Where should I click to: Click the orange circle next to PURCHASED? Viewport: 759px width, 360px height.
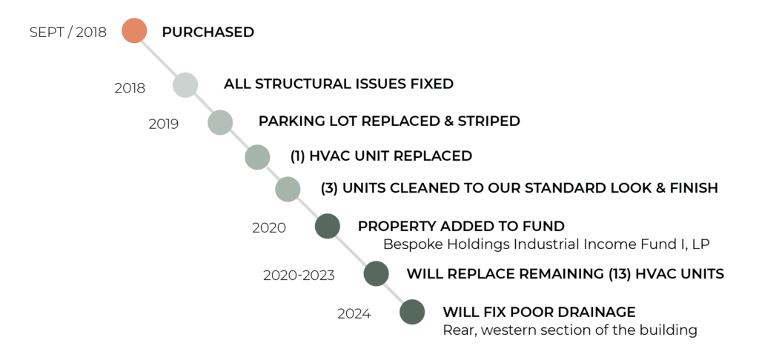(x=134, y=30)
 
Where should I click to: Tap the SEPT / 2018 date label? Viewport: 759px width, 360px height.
(x=67, y=33)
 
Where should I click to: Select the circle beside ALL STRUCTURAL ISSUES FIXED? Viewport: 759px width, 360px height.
(x=185, y=85)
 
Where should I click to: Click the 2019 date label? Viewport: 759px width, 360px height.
(x=164, y=124)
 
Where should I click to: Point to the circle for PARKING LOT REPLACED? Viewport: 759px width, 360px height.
(x=220, y=122)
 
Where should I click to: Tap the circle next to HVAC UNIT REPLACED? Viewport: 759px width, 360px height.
(x=257, y=157)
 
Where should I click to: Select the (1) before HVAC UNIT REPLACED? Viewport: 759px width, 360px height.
(x=297, y=156)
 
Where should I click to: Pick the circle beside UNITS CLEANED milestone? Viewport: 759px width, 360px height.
(x=288, y=189)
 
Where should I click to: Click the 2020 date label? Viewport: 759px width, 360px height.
(x=269, y=228)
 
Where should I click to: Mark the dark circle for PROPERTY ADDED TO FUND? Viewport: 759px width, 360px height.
(x=328, y=226)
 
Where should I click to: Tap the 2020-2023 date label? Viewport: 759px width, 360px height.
(x=299, y=276)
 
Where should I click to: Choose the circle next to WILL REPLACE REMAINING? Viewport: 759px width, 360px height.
(x=376, y=273)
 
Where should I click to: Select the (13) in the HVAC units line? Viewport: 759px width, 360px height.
(x=620, y=274)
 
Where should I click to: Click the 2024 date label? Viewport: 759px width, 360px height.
(x=354, y=315)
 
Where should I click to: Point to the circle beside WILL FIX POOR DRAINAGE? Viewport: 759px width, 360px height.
(x=412, y=312)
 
